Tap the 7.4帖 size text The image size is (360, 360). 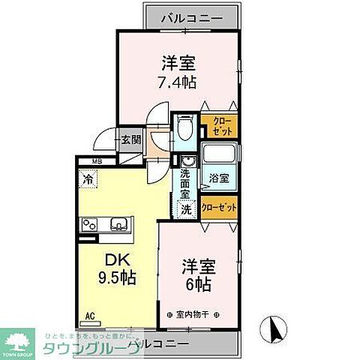point(177,81)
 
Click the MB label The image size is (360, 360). point(97,161)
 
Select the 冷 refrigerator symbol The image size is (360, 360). point(88,179)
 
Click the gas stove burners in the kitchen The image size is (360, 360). point(89,224)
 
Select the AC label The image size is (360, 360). point(89,317)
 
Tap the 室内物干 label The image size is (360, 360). point(190,313)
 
